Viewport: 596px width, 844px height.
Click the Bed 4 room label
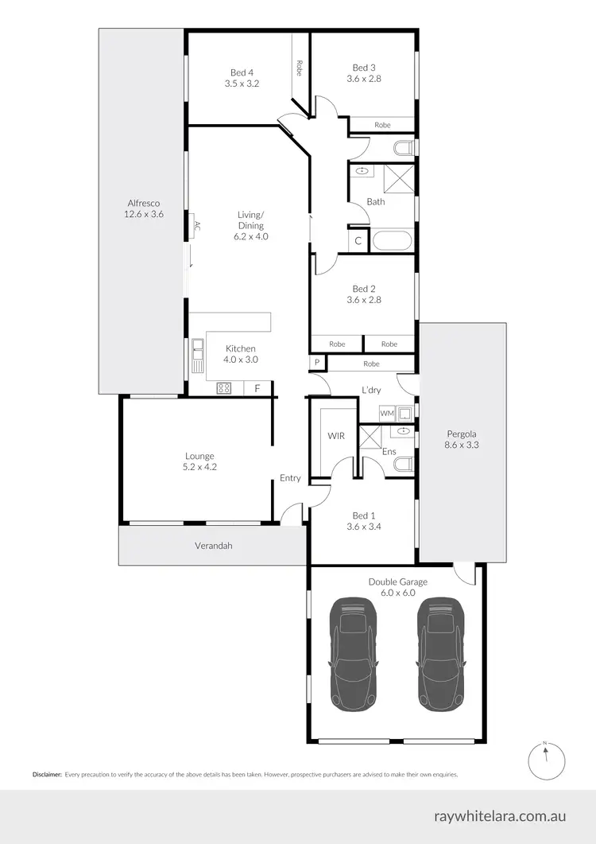coord(230,72)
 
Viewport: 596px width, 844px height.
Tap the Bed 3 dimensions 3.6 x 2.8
coord(363,79)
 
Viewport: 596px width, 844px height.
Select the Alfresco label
coord(143,203)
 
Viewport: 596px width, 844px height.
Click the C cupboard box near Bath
coord(358,240)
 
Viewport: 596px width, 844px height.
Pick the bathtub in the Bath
coord(393,240)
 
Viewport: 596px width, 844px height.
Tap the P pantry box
coord(317,363)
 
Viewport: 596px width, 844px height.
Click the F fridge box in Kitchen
coord(257,388)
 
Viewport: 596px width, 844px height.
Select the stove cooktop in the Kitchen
coord(224,388)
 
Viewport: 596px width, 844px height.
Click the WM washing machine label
coord(386,413)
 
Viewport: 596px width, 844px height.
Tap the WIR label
coord(335,437)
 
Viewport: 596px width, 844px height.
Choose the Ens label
coord(389,451)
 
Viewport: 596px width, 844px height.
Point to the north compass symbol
coord(544,761)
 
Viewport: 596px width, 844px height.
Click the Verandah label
coord(212,546)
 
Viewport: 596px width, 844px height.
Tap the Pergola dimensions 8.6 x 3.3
coord(461,445)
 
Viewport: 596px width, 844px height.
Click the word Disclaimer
coord(47,774)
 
